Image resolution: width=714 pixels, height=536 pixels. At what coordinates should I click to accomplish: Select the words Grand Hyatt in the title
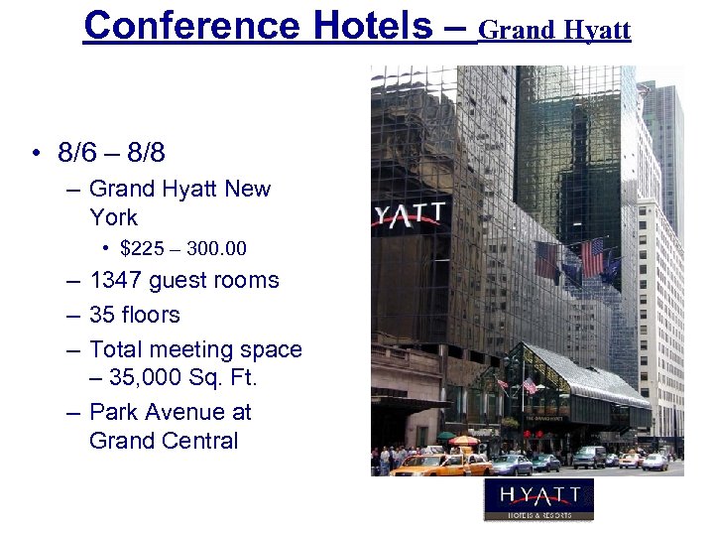(x=554, y=30)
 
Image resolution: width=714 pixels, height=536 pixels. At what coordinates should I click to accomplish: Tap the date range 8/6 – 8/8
(x=111, y=153)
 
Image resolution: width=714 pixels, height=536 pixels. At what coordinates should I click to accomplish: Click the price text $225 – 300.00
(x=183, y=248)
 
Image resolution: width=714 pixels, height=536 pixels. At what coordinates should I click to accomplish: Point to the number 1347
(x=116, y=281)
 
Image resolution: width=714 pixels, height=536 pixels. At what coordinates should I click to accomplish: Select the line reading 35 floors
(x=135, y=316)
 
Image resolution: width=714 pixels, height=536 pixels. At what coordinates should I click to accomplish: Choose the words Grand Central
(x=164, y=441)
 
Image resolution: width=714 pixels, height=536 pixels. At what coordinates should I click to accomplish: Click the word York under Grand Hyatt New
(x=114, y=217)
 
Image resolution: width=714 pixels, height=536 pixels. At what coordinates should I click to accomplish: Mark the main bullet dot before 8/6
(x=35, y=154)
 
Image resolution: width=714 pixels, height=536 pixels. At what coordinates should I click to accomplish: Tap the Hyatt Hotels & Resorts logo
(x=538, y=499)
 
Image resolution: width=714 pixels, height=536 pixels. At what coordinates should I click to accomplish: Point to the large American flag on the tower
(x=593, y=258)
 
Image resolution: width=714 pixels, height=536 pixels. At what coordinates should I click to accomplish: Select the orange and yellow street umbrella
(x=463, y=440)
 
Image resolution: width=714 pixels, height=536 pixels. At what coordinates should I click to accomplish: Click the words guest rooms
(x=214, y=281)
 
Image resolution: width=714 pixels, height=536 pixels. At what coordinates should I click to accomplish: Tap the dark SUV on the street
(x=589, y=457)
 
